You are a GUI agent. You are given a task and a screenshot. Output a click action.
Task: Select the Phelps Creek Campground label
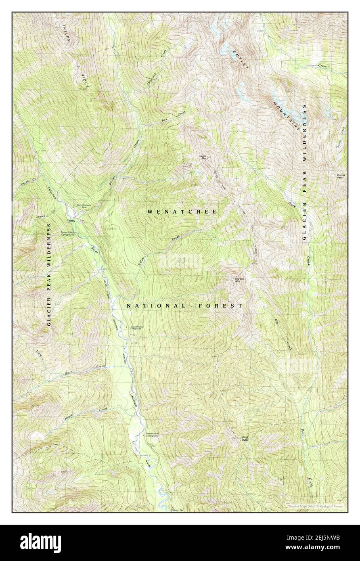click(68, 233)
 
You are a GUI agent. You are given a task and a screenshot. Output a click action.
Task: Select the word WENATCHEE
click(182, 211)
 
